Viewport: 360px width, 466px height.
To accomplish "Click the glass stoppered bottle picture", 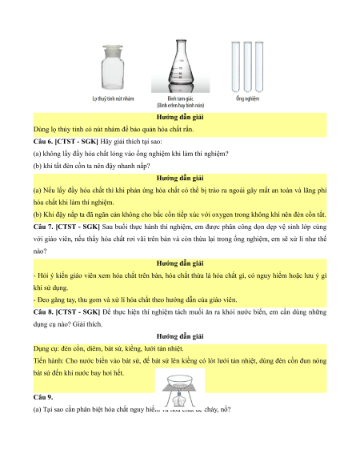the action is (x=112, y=67).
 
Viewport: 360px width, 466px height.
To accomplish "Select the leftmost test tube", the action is (x=235, y=66).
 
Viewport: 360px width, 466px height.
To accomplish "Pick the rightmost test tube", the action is (x=259, y=66).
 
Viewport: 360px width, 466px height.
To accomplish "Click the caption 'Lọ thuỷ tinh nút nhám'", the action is (x=113, y=98).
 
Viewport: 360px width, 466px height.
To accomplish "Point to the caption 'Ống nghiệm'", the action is (x=247, y=98).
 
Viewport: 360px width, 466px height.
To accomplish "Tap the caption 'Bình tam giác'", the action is (x=180, y=98).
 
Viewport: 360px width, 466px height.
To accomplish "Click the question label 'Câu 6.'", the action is (x=42, y=142).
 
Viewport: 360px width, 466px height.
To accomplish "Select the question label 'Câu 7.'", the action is (x=43, y=227).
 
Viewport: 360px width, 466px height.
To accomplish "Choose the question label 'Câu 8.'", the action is (x=43, y=312).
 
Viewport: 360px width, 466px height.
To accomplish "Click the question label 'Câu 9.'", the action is (x=43, y=398).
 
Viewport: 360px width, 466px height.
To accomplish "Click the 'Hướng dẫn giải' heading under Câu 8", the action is (x=180, y=337).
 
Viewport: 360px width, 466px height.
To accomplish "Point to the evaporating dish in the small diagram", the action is (x=180, y=380).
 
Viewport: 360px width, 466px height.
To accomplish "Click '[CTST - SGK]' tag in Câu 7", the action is (x=78, y=227).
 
